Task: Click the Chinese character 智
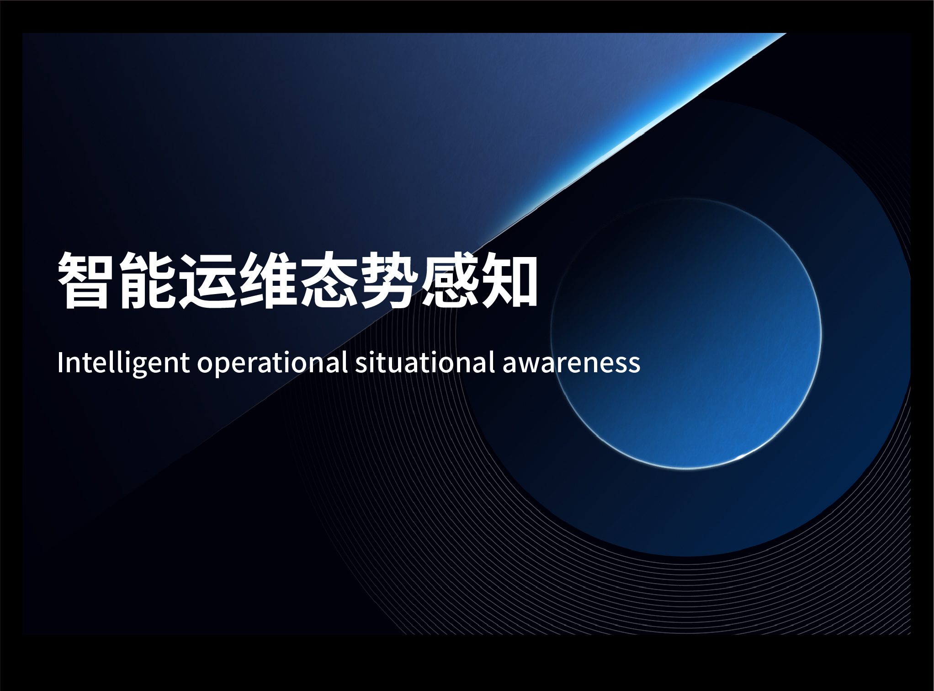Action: point(85,280)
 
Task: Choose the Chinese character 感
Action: point(449,280)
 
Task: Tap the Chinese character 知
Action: point(509,280)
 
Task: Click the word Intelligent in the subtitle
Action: point(123,364)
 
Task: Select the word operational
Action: point(272,364)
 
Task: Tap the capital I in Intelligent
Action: point(60,363)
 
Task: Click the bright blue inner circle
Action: point(686,333)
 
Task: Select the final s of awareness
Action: point(634,366)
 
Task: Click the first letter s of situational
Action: point(362,366)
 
